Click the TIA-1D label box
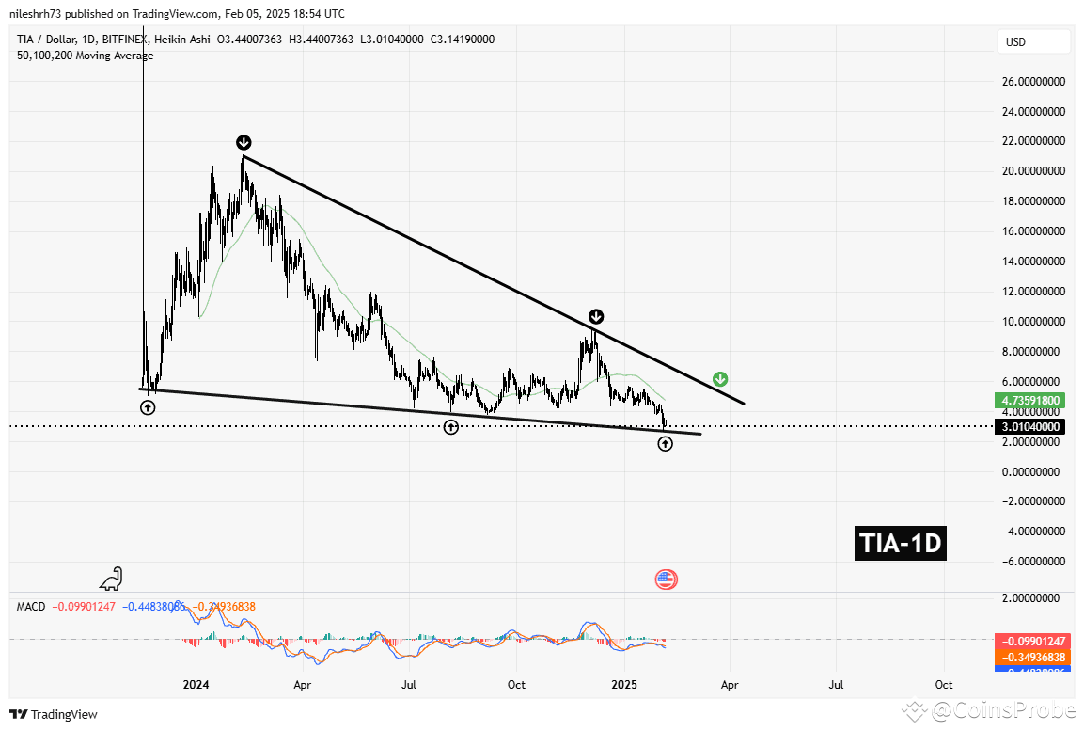[900, 544]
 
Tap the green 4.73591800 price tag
[1032, 400]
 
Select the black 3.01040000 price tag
[1032, 426]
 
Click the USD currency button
[1033, 42]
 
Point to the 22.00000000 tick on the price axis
[1031, 141]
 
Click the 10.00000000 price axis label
[1031, 322]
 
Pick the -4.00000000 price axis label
[1031, 532]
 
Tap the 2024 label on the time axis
[196, 685]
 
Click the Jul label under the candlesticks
[409, 685]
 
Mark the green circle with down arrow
[720, 379]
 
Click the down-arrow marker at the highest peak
[244, 142]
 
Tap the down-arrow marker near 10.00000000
[596, 316]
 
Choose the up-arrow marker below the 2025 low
[665, 443]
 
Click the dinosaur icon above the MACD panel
[113, 579]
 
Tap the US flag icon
[666, 580]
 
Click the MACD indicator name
[31, 607]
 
